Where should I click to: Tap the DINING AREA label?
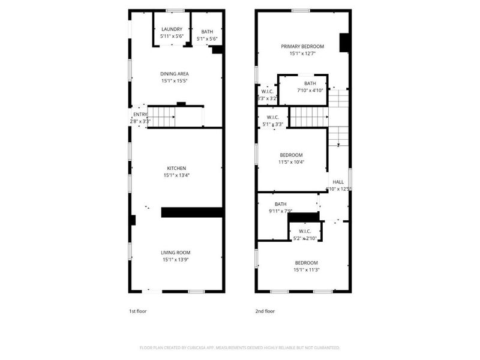click(175, 74)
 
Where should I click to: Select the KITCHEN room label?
click(176, 168)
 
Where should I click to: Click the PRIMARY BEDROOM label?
click(303, 46)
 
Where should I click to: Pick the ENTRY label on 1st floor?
click(140, 115)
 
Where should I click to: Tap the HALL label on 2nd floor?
click(338, 182)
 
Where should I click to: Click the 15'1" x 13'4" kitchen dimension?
click(176, 175)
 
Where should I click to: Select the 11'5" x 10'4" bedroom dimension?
click(291, 161)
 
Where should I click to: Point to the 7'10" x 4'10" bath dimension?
click(310, 91)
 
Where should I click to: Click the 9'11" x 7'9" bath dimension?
click(281, 211)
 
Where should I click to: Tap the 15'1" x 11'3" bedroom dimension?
click(306, 270)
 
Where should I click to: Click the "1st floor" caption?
click(138, 311)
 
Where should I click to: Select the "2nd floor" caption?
click(265, 311)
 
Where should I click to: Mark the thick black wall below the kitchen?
click(192, 212)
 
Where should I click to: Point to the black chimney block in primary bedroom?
click(345, 43)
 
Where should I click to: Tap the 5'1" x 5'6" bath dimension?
click(207, 39)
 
